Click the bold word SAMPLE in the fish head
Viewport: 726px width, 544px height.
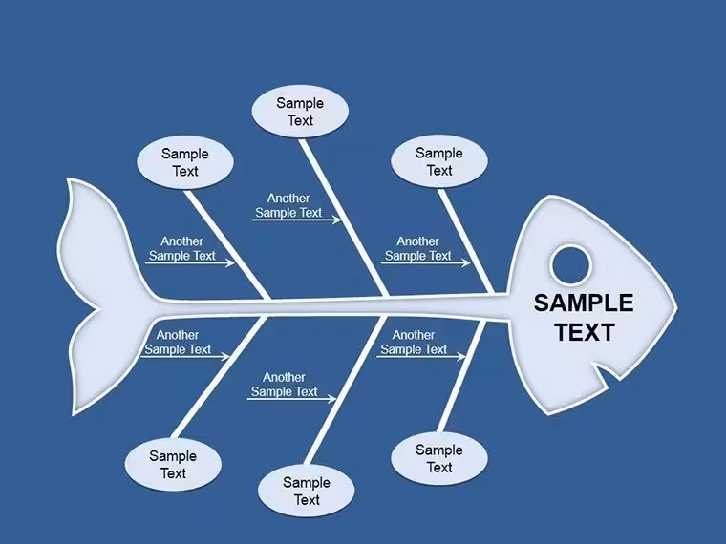[584, 303]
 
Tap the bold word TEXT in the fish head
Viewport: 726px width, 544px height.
[585, 332]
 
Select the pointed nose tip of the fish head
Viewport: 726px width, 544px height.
[675, 307]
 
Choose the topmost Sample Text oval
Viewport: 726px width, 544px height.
[300, 112]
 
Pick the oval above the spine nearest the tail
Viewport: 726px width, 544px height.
[185, 162]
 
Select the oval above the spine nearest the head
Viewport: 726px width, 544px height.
[438, 161]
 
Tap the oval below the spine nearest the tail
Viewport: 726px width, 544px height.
[173, 465]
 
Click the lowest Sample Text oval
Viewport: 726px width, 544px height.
[307, 491]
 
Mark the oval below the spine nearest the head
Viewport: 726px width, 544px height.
[438, 458]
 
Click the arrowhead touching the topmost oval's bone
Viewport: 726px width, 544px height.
[336, 220]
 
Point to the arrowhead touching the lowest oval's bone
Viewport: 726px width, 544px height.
[331, 398]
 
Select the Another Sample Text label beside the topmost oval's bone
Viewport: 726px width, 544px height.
[288, 205]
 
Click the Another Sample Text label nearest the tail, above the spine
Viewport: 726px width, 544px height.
[181, 248]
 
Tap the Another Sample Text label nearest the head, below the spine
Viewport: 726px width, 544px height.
[414, 342]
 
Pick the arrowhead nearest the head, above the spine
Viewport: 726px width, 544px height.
[466, 262]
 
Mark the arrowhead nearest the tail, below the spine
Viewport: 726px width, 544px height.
[225, 356]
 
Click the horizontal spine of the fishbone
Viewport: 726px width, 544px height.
[331, 307]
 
